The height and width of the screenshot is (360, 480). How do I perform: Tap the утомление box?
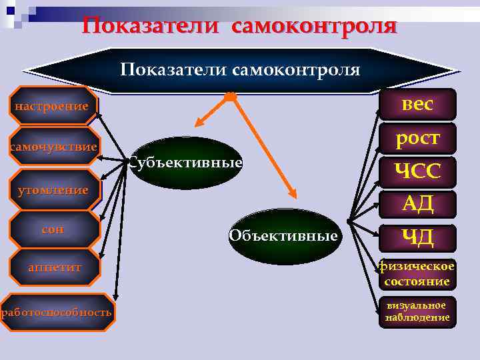tap(53, 190)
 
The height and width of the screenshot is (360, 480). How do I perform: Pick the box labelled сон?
tap(53, 229)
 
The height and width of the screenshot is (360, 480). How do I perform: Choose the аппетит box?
tap(54, 267)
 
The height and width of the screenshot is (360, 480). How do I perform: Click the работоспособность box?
tap(57, 312)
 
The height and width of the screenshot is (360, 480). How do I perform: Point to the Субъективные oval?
tap(185, 163)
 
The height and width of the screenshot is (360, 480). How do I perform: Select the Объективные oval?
tap(284, 235)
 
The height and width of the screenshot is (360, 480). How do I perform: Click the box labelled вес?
tap(417, 105)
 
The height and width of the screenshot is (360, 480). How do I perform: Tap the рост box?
tap(417, 138)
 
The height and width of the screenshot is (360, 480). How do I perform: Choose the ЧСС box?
tap(417, 172)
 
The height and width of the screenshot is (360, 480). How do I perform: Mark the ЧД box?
tap(417, 237)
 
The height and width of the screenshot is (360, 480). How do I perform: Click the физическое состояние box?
tap(417, 274)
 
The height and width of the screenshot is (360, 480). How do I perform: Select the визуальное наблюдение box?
tap(417, 311)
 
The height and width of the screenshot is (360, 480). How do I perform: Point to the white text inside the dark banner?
tap(240, 70)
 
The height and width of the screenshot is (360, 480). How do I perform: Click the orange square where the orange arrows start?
tap(230, 97)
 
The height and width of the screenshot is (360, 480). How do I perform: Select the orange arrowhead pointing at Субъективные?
tap(199, 123)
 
